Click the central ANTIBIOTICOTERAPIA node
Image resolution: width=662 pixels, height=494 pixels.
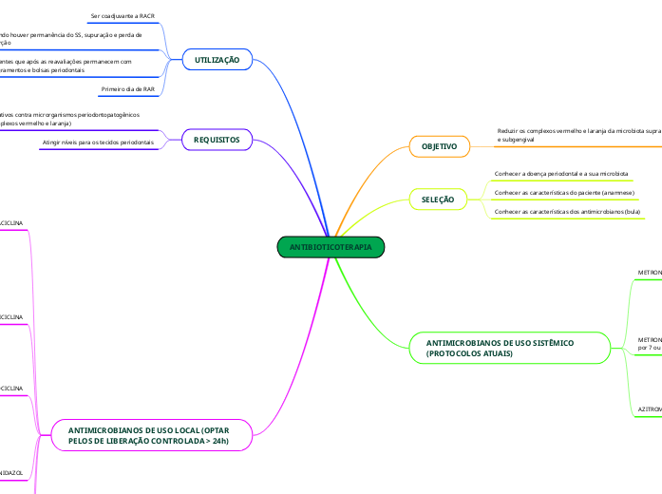pyautogui.click(x=331, y=247)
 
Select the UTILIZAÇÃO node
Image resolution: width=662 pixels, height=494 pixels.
pyautogui.click(x=217, y=60)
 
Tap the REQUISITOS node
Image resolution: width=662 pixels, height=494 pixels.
pyautogui.click(x=217, y=140)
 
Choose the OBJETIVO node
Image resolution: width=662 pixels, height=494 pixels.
pyautogui.click(x=440, y=147)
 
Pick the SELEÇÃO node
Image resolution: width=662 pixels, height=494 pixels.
pyautogui.click(x=438, y=199)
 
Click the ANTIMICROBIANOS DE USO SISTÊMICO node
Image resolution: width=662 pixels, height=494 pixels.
pyautogui.click(x=500, y=348)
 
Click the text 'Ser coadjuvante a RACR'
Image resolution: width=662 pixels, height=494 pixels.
pyautogui.click(x=123, y=16)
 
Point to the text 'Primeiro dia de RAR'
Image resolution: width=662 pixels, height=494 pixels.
pyautogui.click(x=127, y=88)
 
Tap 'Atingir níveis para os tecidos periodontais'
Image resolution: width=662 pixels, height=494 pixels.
pyautogui.click(x=99, y=142)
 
